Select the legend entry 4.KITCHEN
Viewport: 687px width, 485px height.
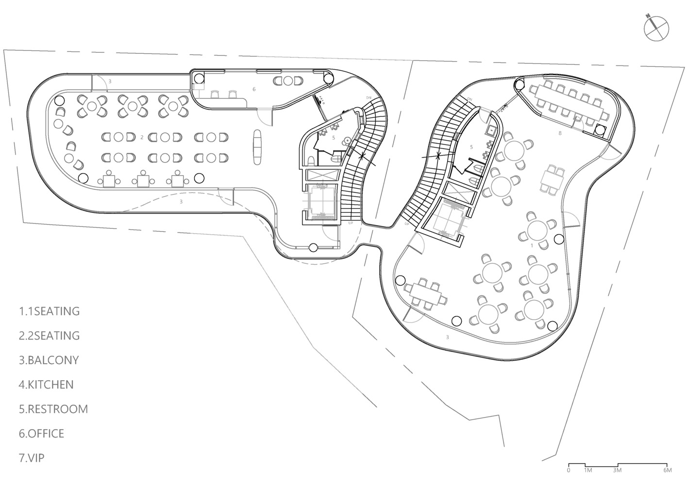tap(47, 385)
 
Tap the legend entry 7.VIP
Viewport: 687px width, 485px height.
tap(32, 458)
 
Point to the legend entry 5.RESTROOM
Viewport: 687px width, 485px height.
tap(54, 409)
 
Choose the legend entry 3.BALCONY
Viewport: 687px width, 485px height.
tap(49, 360)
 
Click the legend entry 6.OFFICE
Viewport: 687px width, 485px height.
tap(42, 433)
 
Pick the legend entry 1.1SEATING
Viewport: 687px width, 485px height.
tap(50, 311)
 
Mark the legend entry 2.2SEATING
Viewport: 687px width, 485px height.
tap(50, 335)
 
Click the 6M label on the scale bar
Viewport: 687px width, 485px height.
tap(667, 470)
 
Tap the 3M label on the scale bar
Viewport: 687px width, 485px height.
tap(617, 470)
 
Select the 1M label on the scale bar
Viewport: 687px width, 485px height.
tap(587, 470)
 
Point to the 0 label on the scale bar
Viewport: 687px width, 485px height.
tap(569, 470)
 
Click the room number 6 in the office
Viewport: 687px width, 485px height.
tap(253, 89)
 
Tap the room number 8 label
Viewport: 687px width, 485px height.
tap(560, 133)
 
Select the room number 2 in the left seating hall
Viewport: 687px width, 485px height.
tap(142, 138)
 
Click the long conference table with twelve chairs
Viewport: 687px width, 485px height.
tap(570, 102)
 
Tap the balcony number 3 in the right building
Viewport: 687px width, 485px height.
tap(447, 336)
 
